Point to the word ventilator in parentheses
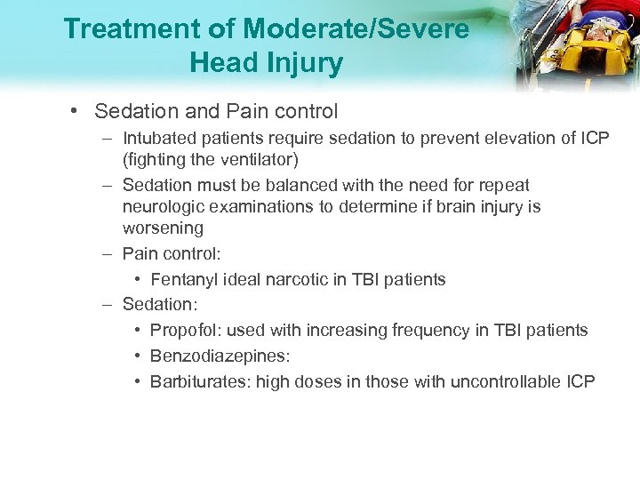(x=259, y=159)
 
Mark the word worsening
(x=163, y=228)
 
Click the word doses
(x=321, y=381)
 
